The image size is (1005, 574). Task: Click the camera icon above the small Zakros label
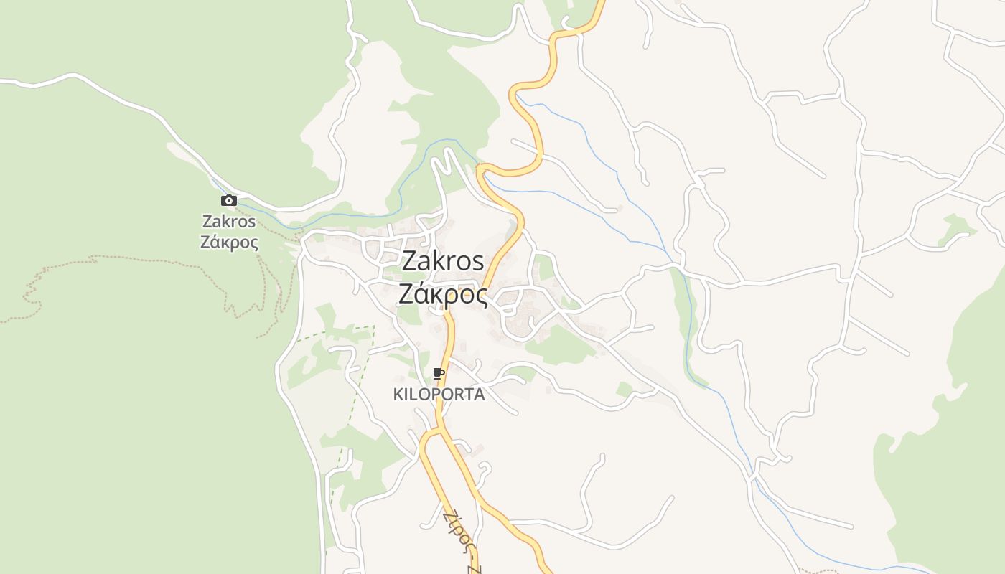(x=229, y=201)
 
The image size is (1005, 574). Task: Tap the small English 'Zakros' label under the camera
(x=229, y=221)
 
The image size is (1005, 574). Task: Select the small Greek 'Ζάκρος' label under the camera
(x=229, y=242)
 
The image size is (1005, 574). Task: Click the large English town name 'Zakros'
(x=442, y=261)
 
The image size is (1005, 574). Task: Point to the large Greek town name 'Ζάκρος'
(x=442, y=294)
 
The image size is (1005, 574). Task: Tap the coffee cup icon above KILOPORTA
(x=439, y=373)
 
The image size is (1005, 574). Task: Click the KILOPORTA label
(x=439, y=395)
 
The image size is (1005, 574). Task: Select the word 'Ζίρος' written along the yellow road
(x=459, y=531)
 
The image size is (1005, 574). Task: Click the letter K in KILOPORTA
(x=398, y=395)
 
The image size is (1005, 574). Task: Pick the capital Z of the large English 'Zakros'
(x=409, y=261)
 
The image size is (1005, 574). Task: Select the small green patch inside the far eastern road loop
(x=956, y=230)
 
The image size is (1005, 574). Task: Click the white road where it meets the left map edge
(x=3, y=82)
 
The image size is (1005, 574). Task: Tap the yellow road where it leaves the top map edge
(x=600, y=3)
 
